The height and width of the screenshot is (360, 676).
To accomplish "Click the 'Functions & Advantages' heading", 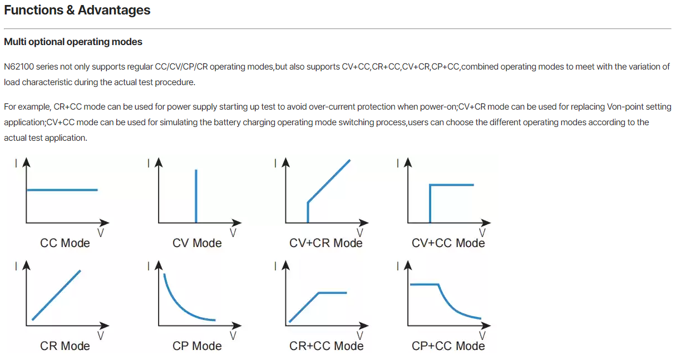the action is pyautogui.click(x=77, y=10).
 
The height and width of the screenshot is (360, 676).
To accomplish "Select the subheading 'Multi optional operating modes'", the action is pyautogui.click(x=73, y=42).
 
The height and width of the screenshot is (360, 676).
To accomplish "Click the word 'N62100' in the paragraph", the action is pyautogui.click(x=19, y=67).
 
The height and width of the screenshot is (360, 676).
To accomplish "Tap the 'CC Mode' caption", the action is pyautogui.click(x=65, y=243).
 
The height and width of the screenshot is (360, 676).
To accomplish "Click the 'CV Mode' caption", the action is pyautogui.click(x=197, y=243).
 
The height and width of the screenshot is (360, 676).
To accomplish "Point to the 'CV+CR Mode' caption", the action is pyautogui.click(x=326, y=243).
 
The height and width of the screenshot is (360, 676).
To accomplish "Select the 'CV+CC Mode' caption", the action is pyautogui.click(x=448, y=243).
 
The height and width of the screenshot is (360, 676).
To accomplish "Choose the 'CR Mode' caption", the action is pyautogui.click(x=65, y=346).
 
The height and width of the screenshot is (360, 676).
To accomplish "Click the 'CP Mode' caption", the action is pyautogui.click(x=197, y=346).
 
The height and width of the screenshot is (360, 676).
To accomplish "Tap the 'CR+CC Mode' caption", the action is pyautogui.click(x=326, y=346).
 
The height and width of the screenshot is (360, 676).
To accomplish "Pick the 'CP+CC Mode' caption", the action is pyautogui.click(x=448, y=346).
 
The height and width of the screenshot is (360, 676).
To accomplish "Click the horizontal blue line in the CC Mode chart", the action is pyautogui.click(x=62, y=190).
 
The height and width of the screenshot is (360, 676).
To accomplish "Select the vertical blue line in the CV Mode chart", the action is pyautogui.click(x=196, y=196).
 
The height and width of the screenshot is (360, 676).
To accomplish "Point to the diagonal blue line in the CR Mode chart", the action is pyautogui.click(x=56, y=295).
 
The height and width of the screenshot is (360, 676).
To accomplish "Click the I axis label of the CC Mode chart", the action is pyautogui.click(x=16, y=163).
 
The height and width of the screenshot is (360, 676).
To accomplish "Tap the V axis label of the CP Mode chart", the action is pyautogui.click(x=233, y=336).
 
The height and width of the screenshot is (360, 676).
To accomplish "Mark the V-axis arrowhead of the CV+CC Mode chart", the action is pyautogui.click(x=486, y=223).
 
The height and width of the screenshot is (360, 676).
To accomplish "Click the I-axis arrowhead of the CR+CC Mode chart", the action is pyautogui.click(x=285, y=265).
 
